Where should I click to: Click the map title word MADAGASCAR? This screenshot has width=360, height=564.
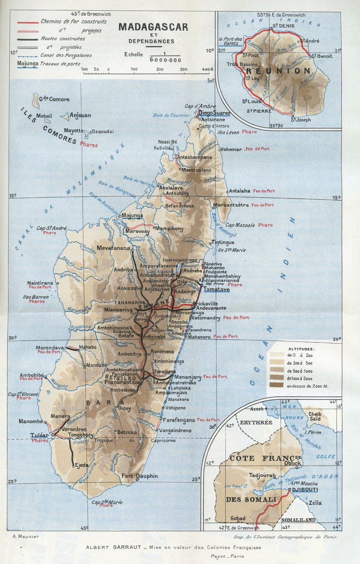(x=153, y=27)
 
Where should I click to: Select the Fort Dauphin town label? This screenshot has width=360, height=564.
(x=140, y=476)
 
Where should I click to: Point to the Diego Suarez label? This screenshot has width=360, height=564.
(x=214, y=113)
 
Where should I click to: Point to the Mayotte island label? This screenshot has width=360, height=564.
(x=73, y=131)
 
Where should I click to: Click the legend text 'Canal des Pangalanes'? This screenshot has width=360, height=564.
(x=66, y=56)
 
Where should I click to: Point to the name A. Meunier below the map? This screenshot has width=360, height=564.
(x=27, y=536)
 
